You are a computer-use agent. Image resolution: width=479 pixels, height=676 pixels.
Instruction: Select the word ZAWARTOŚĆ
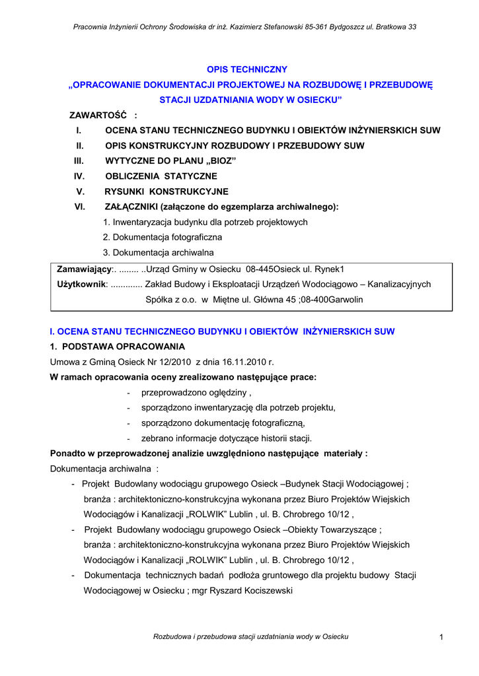pyautogui.click(x=98, y=116)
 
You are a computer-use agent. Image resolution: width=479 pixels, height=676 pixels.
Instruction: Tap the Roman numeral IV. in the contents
pyautogui.click(x=79, y=176)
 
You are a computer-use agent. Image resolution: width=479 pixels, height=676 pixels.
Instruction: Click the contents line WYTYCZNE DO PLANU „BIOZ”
pyautogui.click(x=170, y=161)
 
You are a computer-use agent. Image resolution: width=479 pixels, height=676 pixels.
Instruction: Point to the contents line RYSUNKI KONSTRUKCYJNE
pyautogui.click(x=166, y=191)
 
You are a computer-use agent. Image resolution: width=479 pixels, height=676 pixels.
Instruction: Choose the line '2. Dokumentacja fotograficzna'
pyautogui.click(x=163, y=237)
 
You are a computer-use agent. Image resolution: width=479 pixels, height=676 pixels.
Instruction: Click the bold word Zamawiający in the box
pyautogui.click(x=85, y=269)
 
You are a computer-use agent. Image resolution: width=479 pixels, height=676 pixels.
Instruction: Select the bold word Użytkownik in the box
pyautogui.click(x=82, y=284)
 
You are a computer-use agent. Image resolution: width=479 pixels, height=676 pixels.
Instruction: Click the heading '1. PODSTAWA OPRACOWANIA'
pyautogui.click(x=118, y=347)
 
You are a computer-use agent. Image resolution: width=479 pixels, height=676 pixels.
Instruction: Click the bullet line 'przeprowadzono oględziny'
pyautogui.click(x=196, y=393)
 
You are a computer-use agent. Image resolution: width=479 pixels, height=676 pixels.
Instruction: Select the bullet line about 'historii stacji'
pyautogui.click(x=226, y=438)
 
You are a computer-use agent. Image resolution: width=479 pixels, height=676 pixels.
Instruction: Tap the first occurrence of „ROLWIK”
pyautogui.click(x=213, y=514)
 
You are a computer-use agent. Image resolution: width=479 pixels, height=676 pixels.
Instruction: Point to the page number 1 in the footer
pyautogui.click(x=440, y=636)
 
